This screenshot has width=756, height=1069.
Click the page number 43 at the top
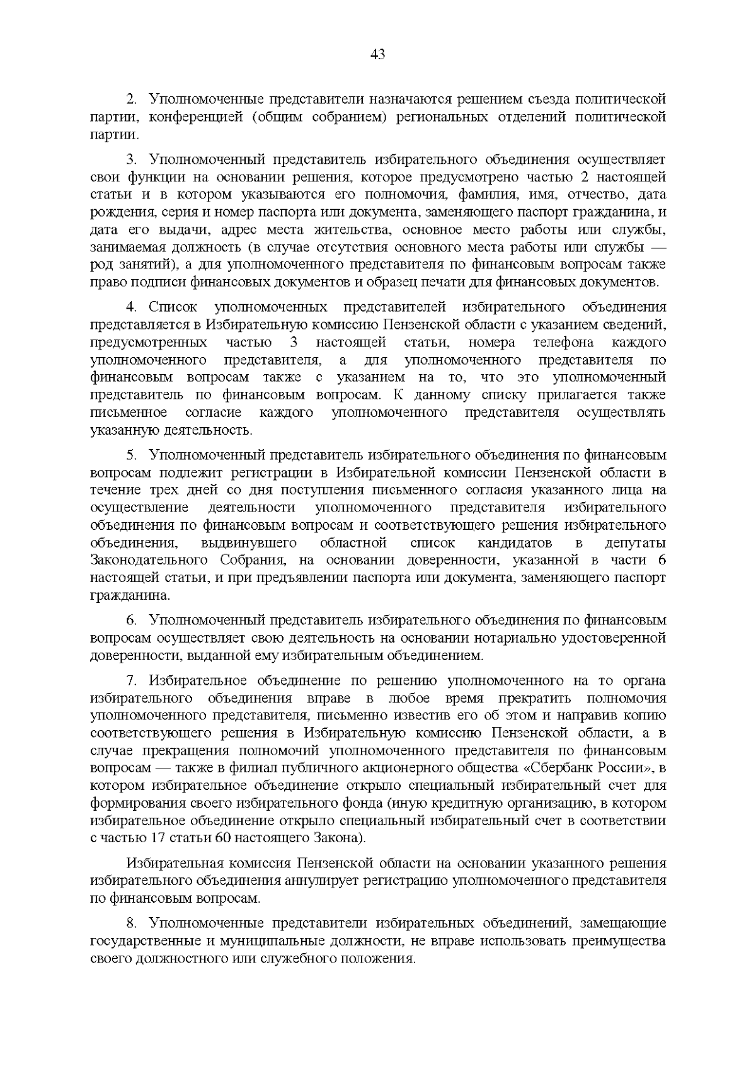click(x=377, y=55)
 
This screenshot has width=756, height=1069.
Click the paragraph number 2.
click(x=130, y=100)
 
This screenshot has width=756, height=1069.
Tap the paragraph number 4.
click(x=130, y=307)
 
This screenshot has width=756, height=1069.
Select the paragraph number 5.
click(x=130, y=454)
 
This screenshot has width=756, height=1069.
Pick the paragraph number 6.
click(x=130, y=620)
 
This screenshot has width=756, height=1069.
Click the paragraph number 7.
click(x=130, y=680)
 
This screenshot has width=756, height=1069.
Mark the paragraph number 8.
click(x=130, y=923)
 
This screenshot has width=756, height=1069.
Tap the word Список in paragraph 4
click(x=173, y=307)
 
